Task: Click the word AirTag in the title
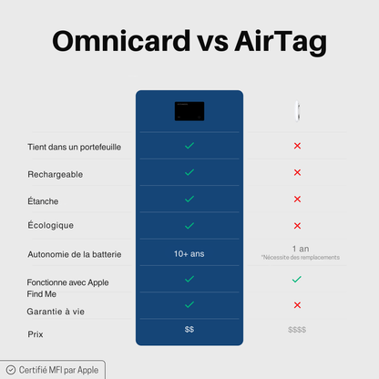(278, 43)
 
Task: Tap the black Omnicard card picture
(189, 111)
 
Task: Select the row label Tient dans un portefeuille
(75, 147)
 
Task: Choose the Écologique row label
(51, 225)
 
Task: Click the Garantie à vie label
(57, 312)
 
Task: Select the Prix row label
(36, 334)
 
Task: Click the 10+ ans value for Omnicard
(189, 253)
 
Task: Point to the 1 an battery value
(300, 248)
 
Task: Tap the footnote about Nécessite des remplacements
(300, 258)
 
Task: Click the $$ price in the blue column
(189, 329)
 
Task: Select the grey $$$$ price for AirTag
(297, 330)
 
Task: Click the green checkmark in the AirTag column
(297, 280)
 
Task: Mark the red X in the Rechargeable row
(297, 172)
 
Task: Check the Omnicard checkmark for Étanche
(189, 199)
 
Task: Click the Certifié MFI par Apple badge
(53, 370)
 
